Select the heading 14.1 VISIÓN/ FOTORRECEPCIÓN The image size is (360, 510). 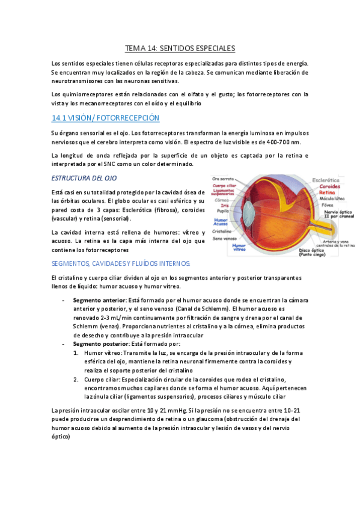[106, 118]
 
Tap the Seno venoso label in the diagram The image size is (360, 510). [224, 238]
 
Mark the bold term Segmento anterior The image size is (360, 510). [99, 300]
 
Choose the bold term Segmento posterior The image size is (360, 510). [100, 343]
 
